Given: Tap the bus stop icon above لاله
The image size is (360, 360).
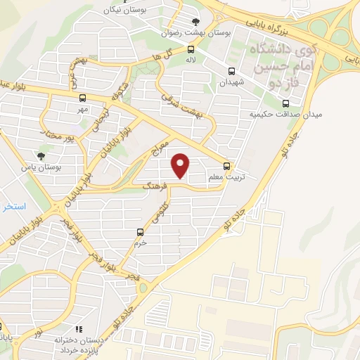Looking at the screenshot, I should pos(191,49).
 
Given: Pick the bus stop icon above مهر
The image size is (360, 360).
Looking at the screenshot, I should pos(84,98).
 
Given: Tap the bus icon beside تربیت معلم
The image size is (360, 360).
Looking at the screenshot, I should pos(226,166).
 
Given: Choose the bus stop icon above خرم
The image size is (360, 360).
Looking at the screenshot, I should pos(140,231).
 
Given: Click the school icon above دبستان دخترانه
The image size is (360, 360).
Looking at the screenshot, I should pos(79,328).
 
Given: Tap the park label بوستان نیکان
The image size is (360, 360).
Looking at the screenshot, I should pos(117,10).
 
